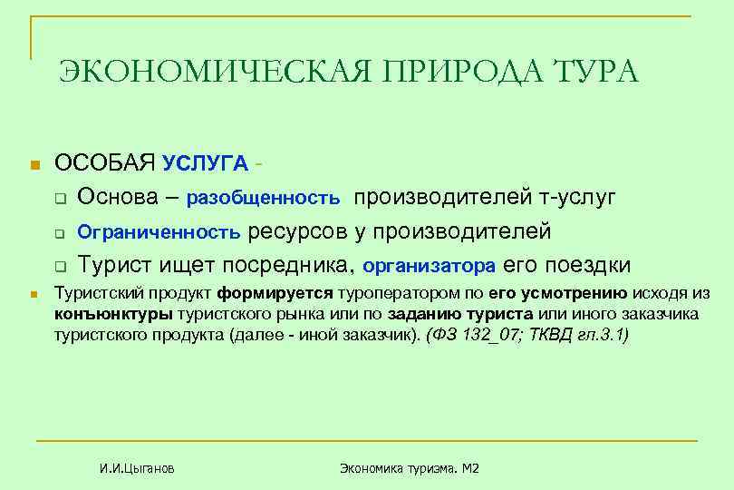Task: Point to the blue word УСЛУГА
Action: [x=205, y=163]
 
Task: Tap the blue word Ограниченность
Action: [x=159, y=232]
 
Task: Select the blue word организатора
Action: [x=429, y=267]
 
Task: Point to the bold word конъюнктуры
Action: [x=113, y=315]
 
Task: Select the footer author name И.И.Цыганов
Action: [x=137, y=468]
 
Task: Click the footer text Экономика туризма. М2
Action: [x=409, y=468]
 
